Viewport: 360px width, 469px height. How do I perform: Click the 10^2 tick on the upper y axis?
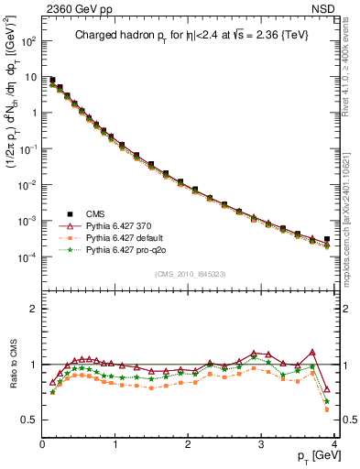pyautogui.click(x=27, y=41)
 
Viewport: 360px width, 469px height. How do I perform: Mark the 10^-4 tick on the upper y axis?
pyautogui.click(x=27, y=256)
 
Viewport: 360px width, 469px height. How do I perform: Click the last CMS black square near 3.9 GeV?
pyautogui.click(x=327, y=239)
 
